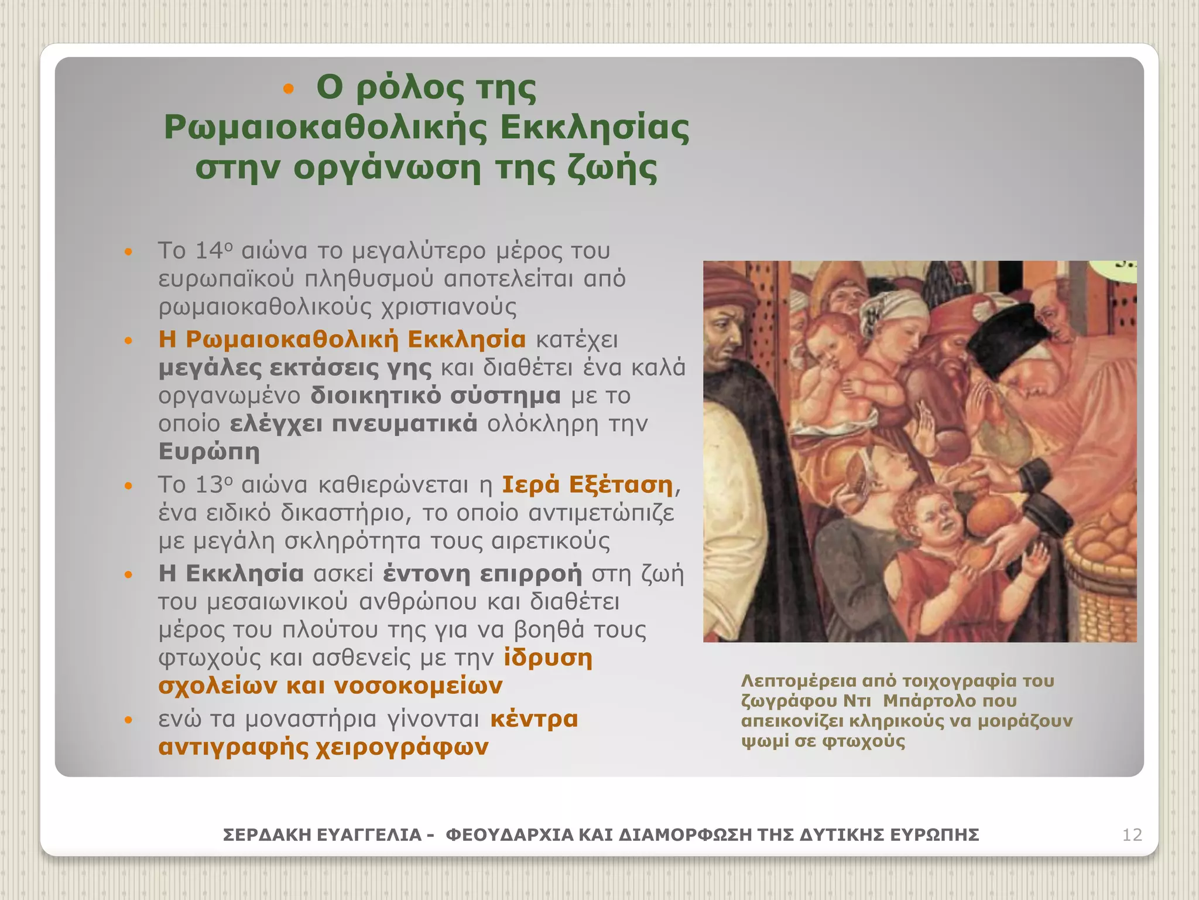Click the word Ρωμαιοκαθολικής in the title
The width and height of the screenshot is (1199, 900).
tap(325, 128)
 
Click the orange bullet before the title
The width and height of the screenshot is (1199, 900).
tap(287, 90)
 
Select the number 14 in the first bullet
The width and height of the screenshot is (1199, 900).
tap(208, 251)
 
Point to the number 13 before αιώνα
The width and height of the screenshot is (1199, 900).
tap(208, 485)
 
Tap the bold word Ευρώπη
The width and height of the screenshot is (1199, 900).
tap(208, 452)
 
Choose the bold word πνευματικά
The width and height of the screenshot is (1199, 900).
tap(405, 423)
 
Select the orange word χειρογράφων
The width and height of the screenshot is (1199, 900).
tap(402, 746)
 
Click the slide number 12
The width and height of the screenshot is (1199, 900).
tap(1132, 834)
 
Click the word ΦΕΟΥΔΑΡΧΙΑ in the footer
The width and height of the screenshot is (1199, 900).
tap(509, 834)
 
